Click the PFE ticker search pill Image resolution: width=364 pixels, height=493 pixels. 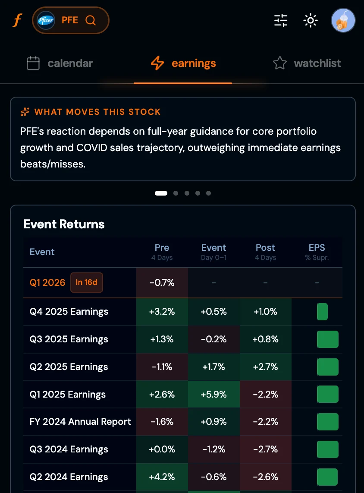tap(71, 20)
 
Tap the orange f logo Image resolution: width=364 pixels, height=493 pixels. tap(17, 20)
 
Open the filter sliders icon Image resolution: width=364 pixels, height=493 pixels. tap(281, 20)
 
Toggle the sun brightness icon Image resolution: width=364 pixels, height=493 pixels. tap(310, 20)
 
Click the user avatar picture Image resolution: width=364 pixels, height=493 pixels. tap(343, 20)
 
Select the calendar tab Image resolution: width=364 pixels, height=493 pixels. tap(60, 63)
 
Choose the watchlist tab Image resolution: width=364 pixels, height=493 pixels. tap(307, 63)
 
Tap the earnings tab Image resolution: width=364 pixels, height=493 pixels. tap(183, 63)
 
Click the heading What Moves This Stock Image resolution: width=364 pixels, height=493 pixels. tap(97, 112)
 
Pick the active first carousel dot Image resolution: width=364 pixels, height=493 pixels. tap(161, 193)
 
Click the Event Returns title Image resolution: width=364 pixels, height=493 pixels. tap(64, 224)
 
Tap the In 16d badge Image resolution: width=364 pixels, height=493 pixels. tap(86, 283)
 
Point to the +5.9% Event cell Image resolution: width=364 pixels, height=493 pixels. tap(213, 395)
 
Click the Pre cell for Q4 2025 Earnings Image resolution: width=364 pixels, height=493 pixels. tap(162, 312)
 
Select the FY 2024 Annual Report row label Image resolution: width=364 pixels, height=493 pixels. tap(80, 422)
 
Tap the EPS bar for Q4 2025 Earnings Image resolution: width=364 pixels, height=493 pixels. tap(322, 312)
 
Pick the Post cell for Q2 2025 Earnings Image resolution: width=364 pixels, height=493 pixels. tap(265, 367)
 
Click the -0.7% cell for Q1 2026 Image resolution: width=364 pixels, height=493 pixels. tap(162, 283)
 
